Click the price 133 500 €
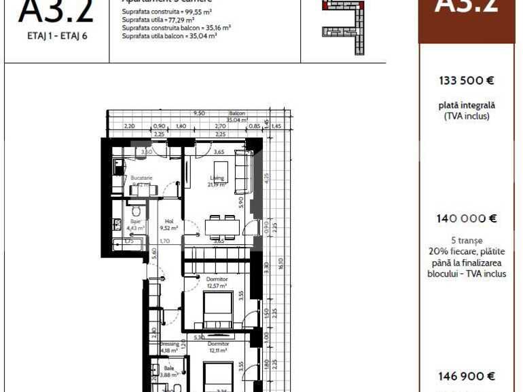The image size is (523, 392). (x=466, y=80)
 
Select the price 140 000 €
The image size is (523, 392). (x=466, y=218)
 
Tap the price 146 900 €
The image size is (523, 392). (x=466, y=376)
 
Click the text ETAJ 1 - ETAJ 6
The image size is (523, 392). (x=57, y=36)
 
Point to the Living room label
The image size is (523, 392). (x=217, y=181)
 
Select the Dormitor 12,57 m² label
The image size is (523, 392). (x=217, y=281)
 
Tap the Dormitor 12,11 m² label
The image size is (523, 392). (x=217, y=347)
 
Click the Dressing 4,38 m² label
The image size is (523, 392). (x=169, y=347)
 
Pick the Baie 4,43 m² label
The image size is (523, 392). (x=136, y=224)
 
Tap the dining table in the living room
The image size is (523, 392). (x=222, y=227)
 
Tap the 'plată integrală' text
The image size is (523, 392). (x=466, y=105)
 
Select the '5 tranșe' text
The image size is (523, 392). (x=466, y=241)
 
